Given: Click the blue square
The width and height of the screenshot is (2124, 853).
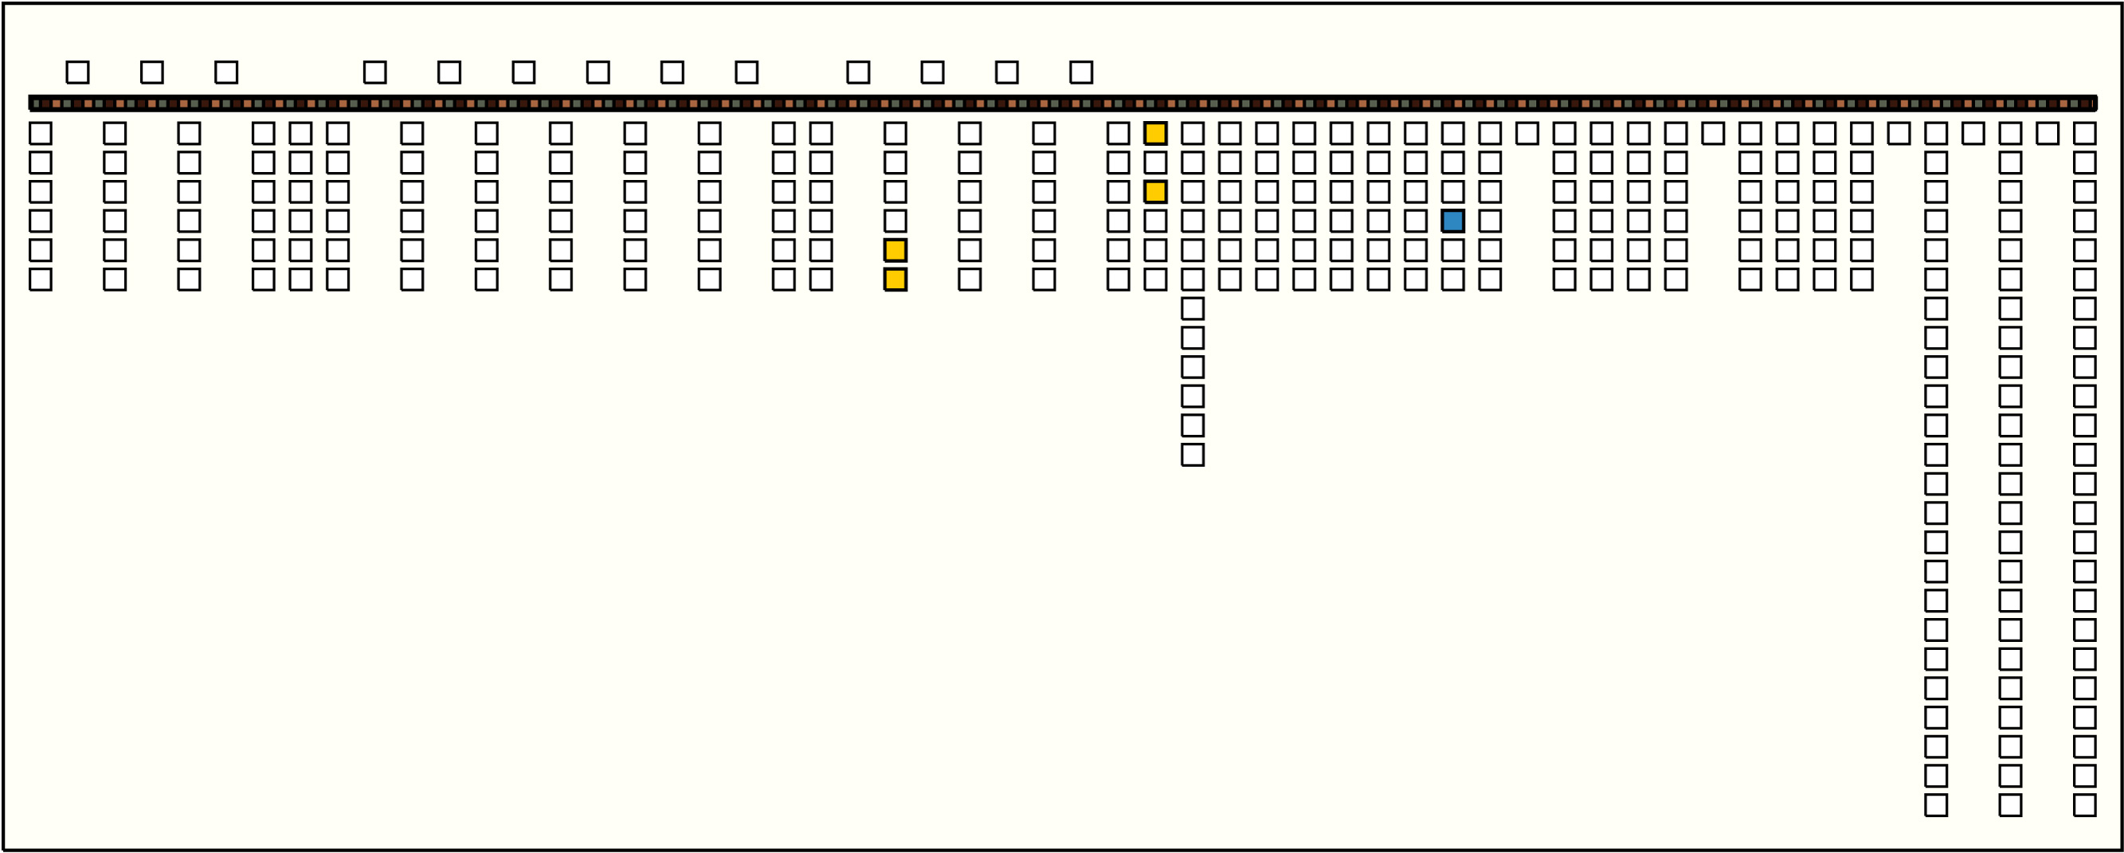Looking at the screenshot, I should pos(1453,221).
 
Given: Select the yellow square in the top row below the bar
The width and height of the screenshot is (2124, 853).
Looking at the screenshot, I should pos(1155,134).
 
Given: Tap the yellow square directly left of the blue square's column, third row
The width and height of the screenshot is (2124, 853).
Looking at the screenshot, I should pos(1155,192).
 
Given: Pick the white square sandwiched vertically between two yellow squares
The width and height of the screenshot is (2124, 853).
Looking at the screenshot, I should pos(1155,162).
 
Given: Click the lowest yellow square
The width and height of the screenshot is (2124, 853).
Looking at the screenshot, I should pos(895,280).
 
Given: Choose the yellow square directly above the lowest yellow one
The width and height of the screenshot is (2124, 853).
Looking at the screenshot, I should pos(895,251).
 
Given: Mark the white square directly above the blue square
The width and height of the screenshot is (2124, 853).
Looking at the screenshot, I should pos(1453,192).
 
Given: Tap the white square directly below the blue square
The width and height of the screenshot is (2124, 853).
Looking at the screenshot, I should pos(1453,251).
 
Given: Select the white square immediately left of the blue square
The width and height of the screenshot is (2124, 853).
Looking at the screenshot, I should pos(1416,221).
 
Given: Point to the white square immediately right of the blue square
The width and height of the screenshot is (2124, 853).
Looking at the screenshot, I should pos(1490,221).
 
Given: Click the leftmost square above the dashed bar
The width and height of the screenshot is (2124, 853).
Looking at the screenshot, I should pos(77,72).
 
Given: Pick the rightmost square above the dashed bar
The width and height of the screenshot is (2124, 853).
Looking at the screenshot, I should pos(1081,72).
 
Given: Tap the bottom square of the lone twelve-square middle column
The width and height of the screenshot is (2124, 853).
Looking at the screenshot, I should pos(1193,455).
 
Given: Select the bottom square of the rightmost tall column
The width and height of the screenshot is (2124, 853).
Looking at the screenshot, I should pos(2084,805).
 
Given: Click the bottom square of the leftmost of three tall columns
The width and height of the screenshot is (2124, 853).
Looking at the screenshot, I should pos(1936,805).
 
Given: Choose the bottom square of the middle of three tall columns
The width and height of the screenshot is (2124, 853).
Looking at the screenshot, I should pos(2010,805).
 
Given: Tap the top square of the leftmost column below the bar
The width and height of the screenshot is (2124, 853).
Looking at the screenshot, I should pos(41,134).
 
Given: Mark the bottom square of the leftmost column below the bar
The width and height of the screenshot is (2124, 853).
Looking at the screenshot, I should pos(41,280).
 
